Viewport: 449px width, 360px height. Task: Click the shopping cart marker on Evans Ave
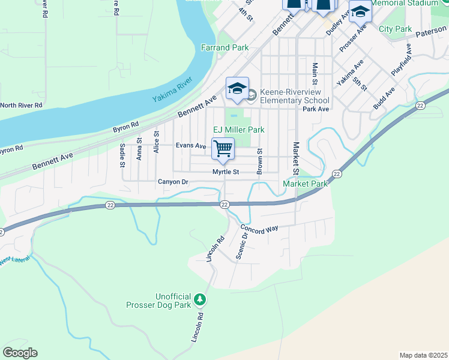[x=223, y=148]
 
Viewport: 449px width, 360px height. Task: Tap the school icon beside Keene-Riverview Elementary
[x=237, y=88]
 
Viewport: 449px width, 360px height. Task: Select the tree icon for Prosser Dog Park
[x=201, y=299]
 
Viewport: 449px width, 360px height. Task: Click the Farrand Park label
[x=224, y=47]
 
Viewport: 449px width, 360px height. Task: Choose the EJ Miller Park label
[x=239, y=130]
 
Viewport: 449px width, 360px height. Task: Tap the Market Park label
[x=306, y=184]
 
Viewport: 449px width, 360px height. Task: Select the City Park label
[x=395, y=29]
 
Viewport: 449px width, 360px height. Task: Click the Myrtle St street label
[x=226, y=172]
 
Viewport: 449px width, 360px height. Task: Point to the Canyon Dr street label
[x=173, y=182]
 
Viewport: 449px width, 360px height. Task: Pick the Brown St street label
[x=259, y=162]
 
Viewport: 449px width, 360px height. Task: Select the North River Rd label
[x=21, y=105]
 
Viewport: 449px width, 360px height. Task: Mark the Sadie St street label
[x=122, y=154]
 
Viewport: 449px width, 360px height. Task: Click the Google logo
[x=20, y=353]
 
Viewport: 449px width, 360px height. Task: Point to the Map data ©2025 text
[x=423, y=355]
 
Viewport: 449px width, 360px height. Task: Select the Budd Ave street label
[x=384, y=99]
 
